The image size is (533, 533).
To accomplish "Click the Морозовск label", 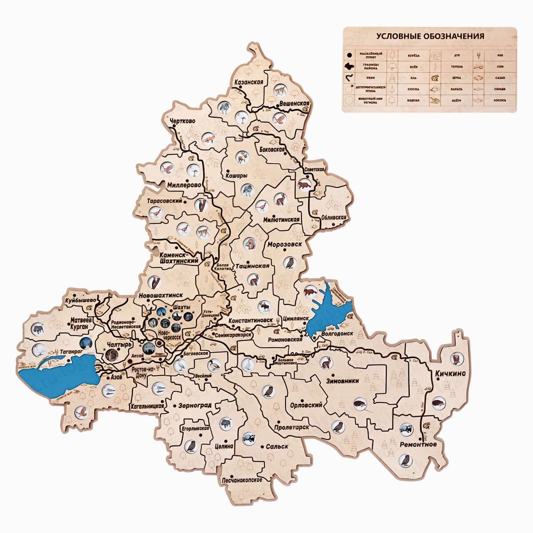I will pyautogui.click(x=284, y=245).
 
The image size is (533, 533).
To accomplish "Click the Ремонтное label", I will pyautogui.click(x=418, y=444).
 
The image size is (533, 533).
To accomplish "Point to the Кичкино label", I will pyautogui.click(x=450, y=374).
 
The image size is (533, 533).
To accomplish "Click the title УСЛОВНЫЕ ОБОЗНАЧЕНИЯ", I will pyautogui.click(x=430, y=36).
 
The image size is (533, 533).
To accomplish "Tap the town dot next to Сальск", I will pyautogui.click(x=263, y=446).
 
